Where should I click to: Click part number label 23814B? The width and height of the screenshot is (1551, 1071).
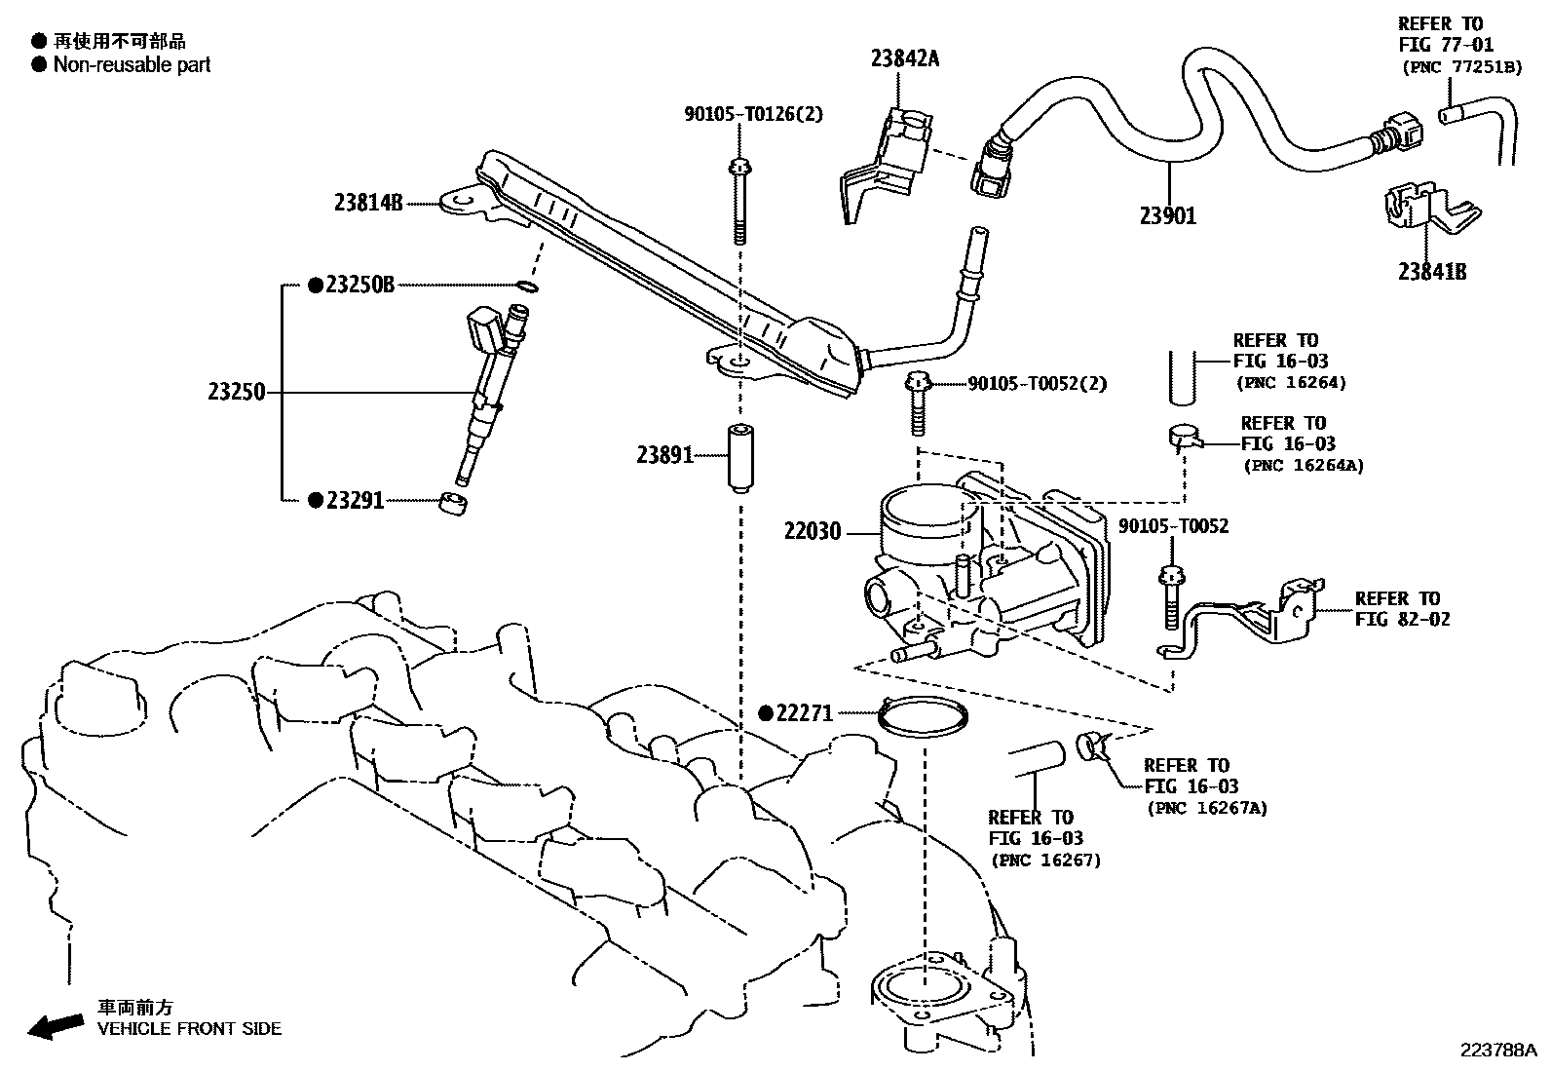pyautogui.click(x=368, y=203)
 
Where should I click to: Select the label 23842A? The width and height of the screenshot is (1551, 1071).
pyautogui.click(x=905, y=58)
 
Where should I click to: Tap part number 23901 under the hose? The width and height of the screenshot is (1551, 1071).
pyautogui.click(x=1167, y=215)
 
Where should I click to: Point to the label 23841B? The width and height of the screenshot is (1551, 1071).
pyautogui.click(x=1432, y=272)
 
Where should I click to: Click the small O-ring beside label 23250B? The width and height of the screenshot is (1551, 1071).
pyautogui.click(x=526, y=287)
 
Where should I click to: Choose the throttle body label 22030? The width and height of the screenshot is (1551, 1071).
pyautogui.click(x=813, y=532)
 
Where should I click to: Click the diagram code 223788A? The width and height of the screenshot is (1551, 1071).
pyautogui.click(x=1496, y=1051)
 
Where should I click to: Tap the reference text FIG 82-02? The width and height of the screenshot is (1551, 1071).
pyautogui.click(x=1402, y=619)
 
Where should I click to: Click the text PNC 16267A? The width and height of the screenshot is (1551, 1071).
pyautogui.click(x=1207, y=807)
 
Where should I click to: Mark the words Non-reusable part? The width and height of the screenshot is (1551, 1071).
pyautogui.click(x=132, y=65)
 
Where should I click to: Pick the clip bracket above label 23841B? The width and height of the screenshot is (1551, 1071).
pyautogui.click(x=1419, y=210)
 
